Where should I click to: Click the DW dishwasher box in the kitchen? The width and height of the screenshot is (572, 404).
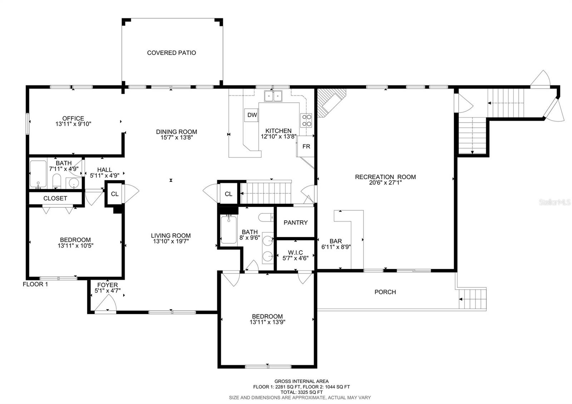click(252, 115)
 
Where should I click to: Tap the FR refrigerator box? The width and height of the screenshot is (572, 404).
click(306, 147)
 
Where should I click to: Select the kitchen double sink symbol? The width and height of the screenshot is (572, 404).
click(273, 96)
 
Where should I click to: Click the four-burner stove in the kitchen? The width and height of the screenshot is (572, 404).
click(306, 120)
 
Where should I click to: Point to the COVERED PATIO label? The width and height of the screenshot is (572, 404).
click(172, 53)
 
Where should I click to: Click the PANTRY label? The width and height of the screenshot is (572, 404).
click(295, 222)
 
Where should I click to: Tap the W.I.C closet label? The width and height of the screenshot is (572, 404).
click(295, 252)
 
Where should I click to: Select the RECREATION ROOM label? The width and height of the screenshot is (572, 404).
click(385, 177)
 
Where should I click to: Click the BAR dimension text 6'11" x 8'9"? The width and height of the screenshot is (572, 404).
click(336, 247)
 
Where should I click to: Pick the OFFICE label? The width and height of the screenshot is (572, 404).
click(73, 118)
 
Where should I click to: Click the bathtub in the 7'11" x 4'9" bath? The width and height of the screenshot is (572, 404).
click(38, 174)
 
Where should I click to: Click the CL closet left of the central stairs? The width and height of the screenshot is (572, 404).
click(228, 194)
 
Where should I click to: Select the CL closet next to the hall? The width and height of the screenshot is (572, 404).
click(114, 194)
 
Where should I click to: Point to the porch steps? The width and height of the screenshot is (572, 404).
click(473, 299)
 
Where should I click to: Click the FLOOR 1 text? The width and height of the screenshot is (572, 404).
click(35, 285)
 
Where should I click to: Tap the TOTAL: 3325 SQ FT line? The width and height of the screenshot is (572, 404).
click(301, 392)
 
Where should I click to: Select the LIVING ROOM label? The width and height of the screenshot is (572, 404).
click(171, 236)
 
